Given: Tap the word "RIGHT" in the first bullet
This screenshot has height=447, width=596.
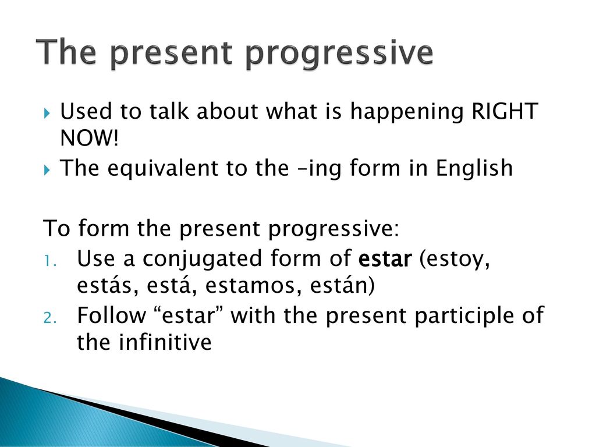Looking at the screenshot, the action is click(505, 111).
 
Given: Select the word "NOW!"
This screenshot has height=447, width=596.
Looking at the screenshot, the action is click(90, 137).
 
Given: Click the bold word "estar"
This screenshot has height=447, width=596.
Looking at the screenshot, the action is click(385, 259).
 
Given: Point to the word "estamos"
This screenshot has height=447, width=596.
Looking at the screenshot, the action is click(250, 286).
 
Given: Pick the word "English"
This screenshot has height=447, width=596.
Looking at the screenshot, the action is click(474, 168).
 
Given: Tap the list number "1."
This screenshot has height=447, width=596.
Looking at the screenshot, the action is click(50, 261).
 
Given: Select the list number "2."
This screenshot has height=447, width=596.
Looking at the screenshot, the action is click(50, 318).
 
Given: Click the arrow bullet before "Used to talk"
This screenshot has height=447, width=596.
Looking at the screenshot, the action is click(47, 113).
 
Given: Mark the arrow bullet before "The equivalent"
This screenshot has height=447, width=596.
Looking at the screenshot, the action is click(47, 170).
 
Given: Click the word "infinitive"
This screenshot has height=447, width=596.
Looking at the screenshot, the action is click(165, 342).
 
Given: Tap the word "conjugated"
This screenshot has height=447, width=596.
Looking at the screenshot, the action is click(203, 260).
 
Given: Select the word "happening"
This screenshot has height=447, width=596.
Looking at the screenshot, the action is click(407, 112).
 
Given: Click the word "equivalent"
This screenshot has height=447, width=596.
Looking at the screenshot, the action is click(163, 169).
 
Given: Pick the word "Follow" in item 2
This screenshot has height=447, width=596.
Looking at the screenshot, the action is click(111, 315).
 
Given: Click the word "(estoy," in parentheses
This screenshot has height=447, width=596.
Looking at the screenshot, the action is click(455, 260).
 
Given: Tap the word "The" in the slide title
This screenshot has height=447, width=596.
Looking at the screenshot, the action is click(66, 52).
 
